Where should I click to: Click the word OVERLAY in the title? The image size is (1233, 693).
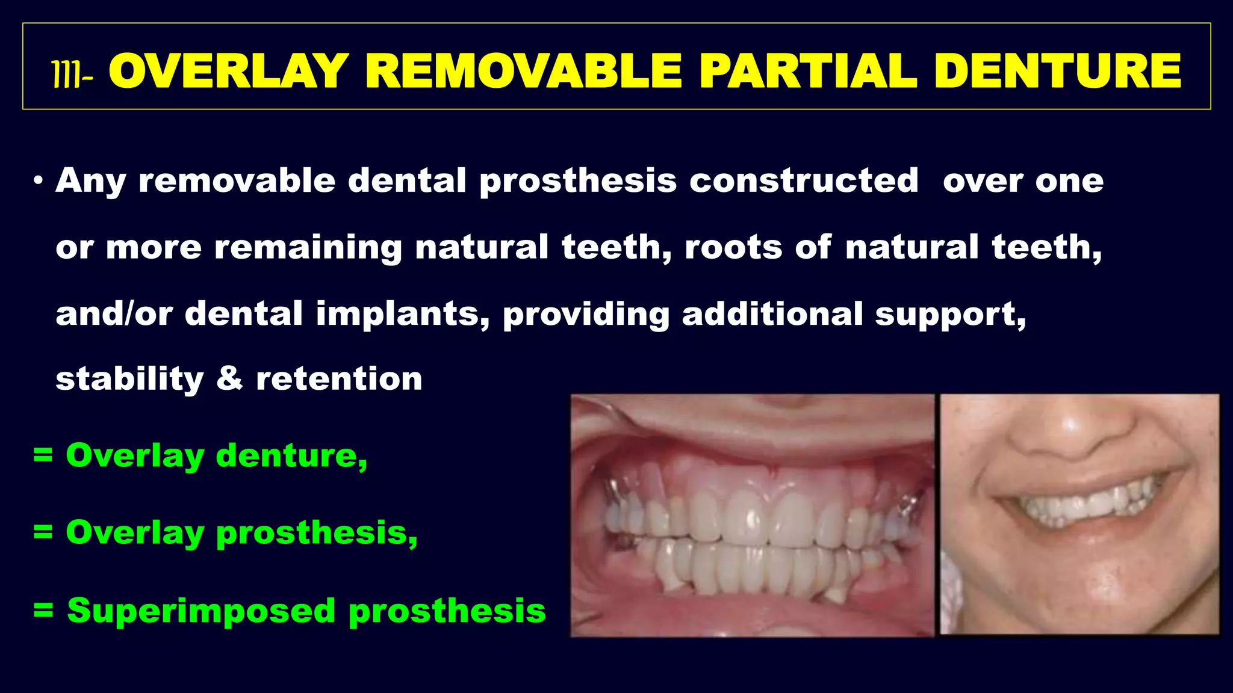click(x=229, y=72)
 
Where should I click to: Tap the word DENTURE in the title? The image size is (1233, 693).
click(x=1057, y=72)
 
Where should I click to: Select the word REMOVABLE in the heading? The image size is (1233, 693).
click(x=523, y=72)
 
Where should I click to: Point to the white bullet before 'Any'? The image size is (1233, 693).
click(x=39, y=180)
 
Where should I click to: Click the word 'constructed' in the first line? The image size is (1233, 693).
click(x=804, y=180)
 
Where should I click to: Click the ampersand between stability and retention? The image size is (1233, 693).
click(x=229, y=378)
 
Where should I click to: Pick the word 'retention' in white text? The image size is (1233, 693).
click(x=339, y=379)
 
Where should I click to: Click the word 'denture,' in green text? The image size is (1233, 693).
click(x=291, y=455)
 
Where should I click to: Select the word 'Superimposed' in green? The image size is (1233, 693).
click(x=201, y=611)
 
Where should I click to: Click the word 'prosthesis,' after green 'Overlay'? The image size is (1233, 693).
click(x=317, y=533)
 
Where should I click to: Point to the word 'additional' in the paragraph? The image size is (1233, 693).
click(x=772, y=314)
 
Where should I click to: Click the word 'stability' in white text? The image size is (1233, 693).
click(x=129, y=379)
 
